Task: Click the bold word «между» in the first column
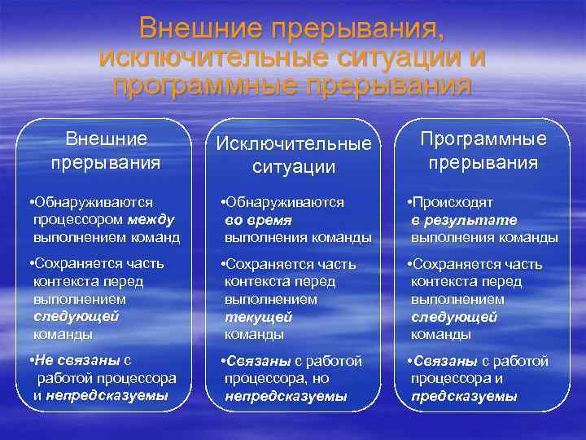click(x=151, y=220)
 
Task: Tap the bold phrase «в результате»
click(x=464, y=220)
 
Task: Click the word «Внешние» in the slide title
click(x=199, y=29)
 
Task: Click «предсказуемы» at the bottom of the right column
click(x=464, y=396)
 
